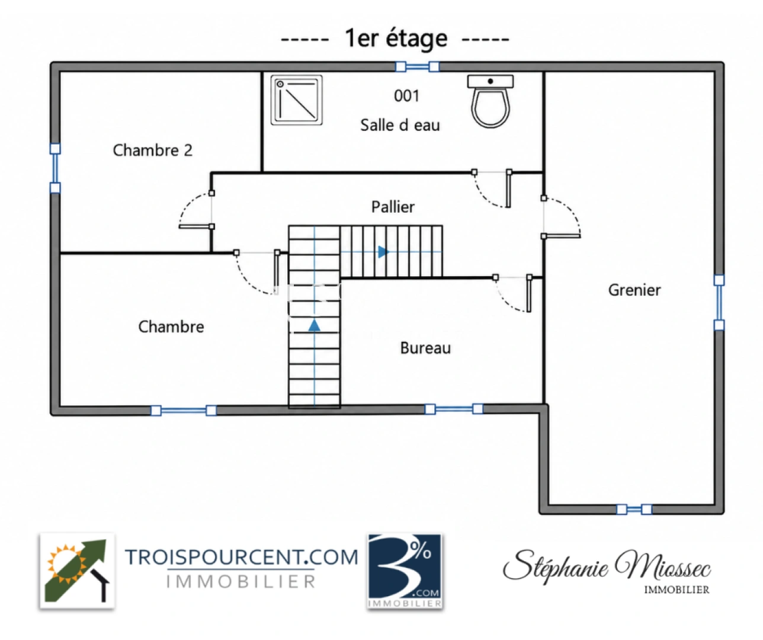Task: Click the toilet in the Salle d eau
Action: pyautogui.click(x=490, y=101)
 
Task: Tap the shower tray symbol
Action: pyautogui.click(x=296, y=100)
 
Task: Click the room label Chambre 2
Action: pyautogui.click(x=152, y=151)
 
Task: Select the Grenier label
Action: pyautogui.click(x=634, y=290)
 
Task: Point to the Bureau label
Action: pyautogui.click(x=425, y=348)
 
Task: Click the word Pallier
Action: pyautogui.click(x=393, y=207)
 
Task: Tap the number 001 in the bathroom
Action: pyautogui.click(x=406, y=96)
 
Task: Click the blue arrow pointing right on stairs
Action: pyautogui.click(x=383, y=252)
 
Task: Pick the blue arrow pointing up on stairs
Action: pyautogui.click(x=314, y=325)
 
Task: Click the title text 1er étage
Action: pyautogui.click(x=396, y=39)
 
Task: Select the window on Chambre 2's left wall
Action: pyautogui.click(x=55, y=168)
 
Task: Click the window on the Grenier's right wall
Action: pyautogui.click(x=719, y=303)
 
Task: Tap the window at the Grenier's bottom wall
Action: pyautogui.click(x=634, y=509)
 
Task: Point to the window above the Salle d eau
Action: pyautogui.click(x=417, y=67)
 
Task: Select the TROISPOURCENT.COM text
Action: pyautogui.click(x=242, y=557)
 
